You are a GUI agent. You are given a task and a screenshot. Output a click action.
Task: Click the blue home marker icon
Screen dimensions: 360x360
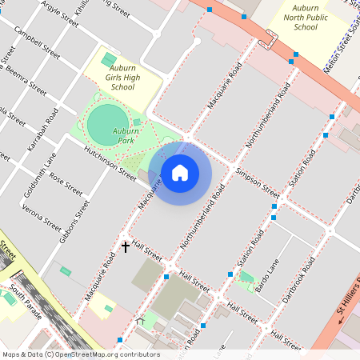pos(180,173)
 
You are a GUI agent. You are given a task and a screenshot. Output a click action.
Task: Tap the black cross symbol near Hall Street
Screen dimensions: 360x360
pos(126,246)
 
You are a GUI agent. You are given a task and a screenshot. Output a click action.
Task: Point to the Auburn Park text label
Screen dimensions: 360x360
pos(125,135)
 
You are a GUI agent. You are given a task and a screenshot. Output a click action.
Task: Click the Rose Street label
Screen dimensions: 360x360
pos(66,185)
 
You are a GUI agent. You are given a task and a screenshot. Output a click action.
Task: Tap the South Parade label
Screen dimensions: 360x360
pos(25,297)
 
